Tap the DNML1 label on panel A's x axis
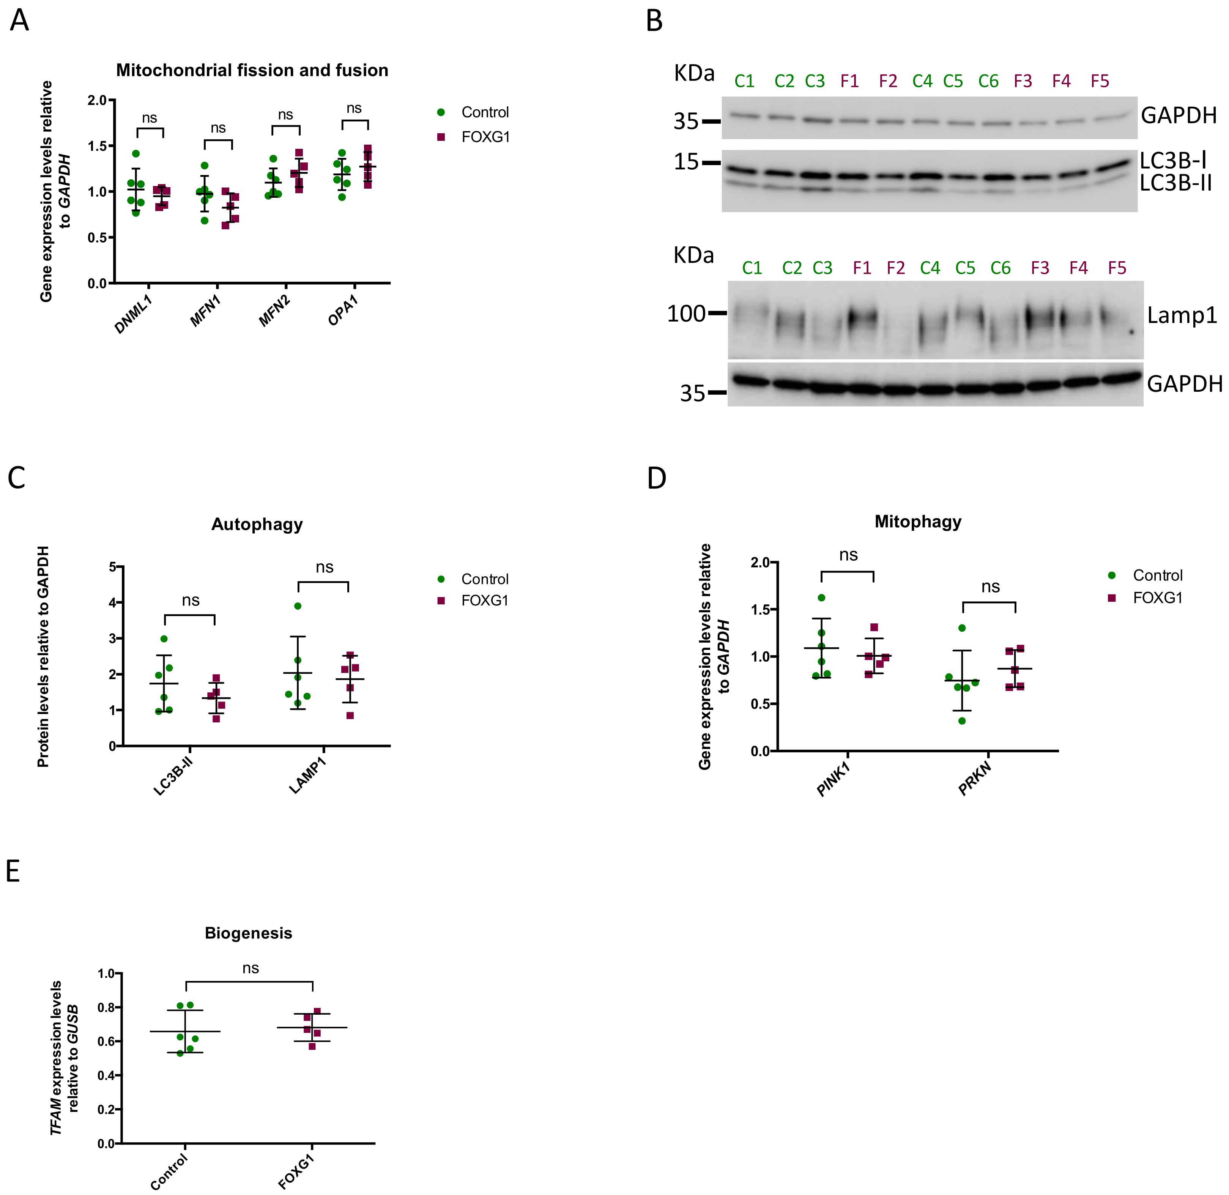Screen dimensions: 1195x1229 (x=133, y=314)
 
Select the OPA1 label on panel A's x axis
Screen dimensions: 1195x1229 (x=343, y=311)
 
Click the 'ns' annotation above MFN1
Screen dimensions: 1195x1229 (x=218, y=128)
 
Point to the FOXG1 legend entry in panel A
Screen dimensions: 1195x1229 (x=485, y=137)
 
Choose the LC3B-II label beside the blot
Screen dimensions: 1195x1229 (x=1175, y=183)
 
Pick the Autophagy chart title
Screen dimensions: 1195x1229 (x=257, y=524)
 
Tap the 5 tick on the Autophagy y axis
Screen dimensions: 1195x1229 (x=112, y=567)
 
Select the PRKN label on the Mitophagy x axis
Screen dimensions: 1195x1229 (x=974, y=778)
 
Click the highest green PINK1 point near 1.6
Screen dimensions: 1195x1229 (x=821, y=597)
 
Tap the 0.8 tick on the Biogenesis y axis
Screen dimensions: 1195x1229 (x=106, y=1007)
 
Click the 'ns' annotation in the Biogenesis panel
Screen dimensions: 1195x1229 (x=251, y=968)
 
